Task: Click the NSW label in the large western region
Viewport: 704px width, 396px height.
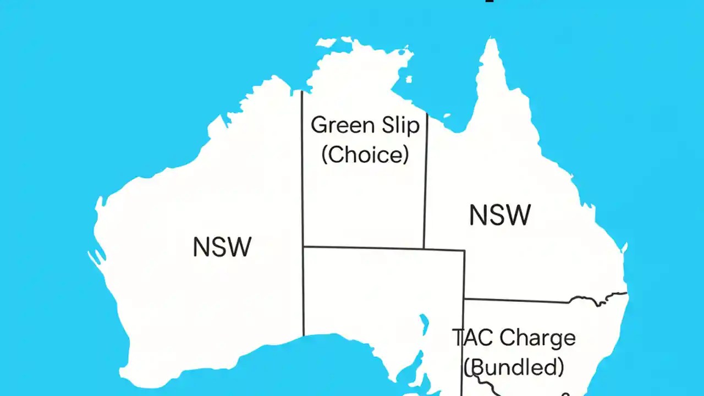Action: click(222, 247)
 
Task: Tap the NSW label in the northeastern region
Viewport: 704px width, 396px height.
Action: click(500, 215)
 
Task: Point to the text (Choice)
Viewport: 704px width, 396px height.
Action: click(365, 155)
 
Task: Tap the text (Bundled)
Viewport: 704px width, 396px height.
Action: click(514, 366)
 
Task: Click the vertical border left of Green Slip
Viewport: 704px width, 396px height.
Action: click(302, 165)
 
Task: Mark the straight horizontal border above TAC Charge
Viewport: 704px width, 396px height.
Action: click(517, 301)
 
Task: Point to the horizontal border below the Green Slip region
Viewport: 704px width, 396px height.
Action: click(385, 248)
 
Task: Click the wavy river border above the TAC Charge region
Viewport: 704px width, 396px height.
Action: click(599, 298)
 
